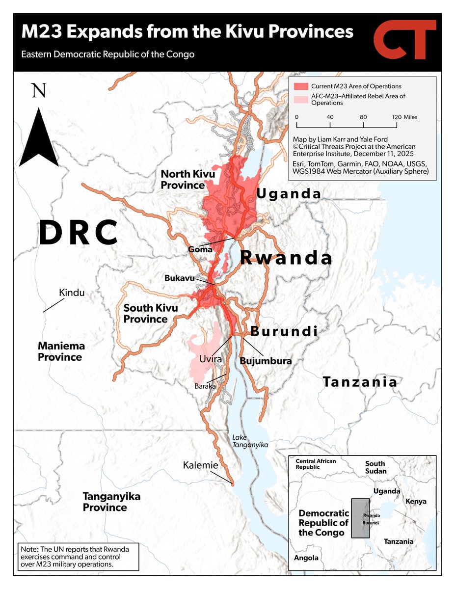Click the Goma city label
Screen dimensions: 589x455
point(200,249)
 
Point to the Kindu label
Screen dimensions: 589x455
point(72,293)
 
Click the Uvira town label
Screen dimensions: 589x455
point(211,359)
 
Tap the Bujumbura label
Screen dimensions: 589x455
point(266,361)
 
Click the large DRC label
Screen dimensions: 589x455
point(79,233)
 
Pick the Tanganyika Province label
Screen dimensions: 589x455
point(105,502)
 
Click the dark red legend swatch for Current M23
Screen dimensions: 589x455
point(300,86)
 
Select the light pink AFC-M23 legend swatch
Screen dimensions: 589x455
point(300,100)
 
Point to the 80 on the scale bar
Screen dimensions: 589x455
point(363,118)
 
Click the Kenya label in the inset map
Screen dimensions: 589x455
point(416,501)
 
